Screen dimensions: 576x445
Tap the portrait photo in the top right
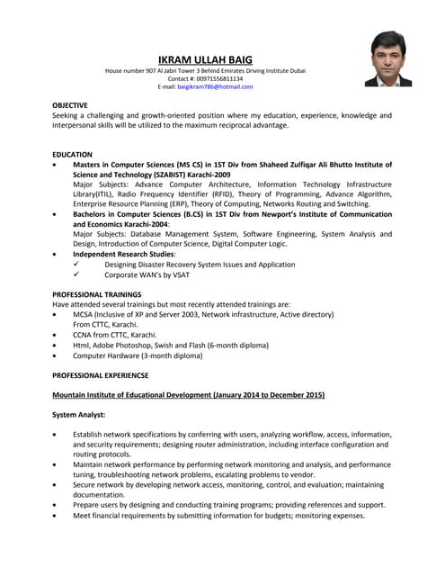pos(388,58)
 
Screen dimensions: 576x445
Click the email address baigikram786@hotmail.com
pos(215,86)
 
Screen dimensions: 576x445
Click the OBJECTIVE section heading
pos(70,105)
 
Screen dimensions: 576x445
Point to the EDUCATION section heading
pos(72,155)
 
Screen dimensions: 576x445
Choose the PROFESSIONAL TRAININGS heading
pos(96,294)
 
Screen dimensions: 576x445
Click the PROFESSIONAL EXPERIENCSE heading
pos(100,374)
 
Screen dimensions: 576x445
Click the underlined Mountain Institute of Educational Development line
pos(188,395)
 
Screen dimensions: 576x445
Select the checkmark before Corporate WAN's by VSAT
pos(77,274)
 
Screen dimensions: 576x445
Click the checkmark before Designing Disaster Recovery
pos(77,265)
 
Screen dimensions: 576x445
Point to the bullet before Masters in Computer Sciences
pos(57,166)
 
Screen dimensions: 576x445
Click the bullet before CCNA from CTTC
pos(57,334)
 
